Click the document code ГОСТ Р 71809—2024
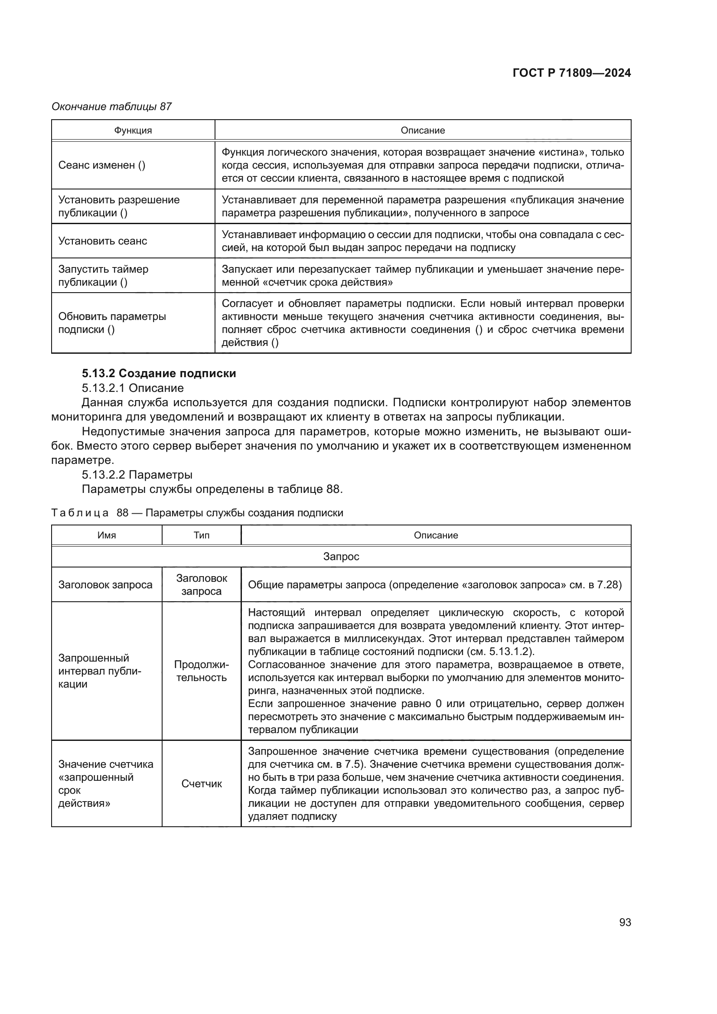(571, 73)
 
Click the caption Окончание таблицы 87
(112, 107)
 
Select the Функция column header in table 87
(133, 130)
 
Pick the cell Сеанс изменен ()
(102, 165)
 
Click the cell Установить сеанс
(102, 241)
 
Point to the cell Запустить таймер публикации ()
(103, 276)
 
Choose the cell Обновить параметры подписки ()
(112, 323)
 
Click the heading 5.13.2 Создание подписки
(159, 373)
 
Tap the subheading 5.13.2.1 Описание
(133, 388)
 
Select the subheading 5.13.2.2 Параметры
(137, 475)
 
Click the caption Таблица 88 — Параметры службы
(197, 513)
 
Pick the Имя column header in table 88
(106, 535)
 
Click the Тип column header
(201, 535)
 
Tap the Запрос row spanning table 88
(341, 557)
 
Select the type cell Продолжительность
(201, 671)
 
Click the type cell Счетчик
(201, 784)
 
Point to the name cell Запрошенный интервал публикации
(100, 671)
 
